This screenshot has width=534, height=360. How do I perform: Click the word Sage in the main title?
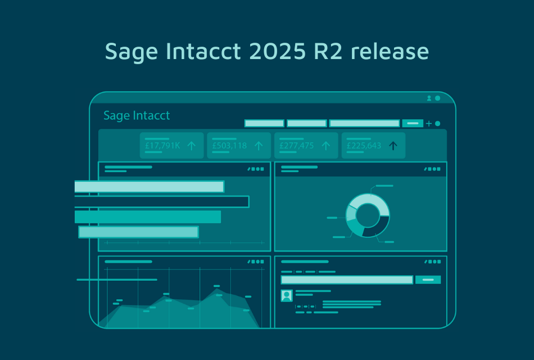pyautogui.click(x=131, y=52)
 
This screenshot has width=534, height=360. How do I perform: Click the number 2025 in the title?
pyautogui.click(x=277, y=52)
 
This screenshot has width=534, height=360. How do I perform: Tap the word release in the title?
pyautogui.click(x=390, y=52)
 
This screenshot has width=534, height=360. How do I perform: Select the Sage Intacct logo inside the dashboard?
pyautogui.click(x=137, y=115)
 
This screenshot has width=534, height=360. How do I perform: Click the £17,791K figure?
pyautogui.click(x=162, y=146)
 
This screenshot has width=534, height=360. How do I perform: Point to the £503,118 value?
pyautogui.click(x=229, y=146)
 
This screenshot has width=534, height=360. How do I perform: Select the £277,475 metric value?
pyautogui.click(x=297, y=146)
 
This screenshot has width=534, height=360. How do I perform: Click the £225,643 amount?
pyautogui.click(x=364, y=146)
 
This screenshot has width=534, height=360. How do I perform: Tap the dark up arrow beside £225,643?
pyautogui.click(x=393, y=146)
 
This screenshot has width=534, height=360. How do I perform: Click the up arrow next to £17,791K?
pyautogui.click(x=191, y=146)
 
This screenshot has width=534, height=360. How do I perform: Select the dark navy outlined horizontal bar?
pyautogui.click(x=162, y=201)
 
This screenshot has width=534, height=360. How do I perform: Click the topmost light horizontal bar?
pyautogui.click(x=149, y=187)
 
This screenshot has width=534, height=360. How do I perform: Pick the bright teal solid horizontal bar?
pyautogui.click(x=147, y=217)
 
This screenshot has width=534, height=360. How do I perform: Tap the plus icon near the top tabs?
pyautogui.click(x=429, y=123)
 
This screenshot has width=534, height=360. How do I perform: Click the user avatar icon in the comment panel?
pyautogui.click(x=287, y=295)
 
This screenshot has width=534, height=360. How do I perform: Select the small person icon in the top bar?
pyautogui.click(x=429, y=98)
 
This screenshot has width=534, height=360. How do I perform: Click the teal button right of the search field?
pyautogui.click(x=428, y=280)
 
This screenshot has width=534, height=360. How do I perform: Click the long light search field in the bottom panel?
pyautogui.click(x=347, y=280)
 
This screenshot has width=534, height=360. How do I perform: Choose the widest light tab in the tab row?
pyautogui.click(x=364, y=123)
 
